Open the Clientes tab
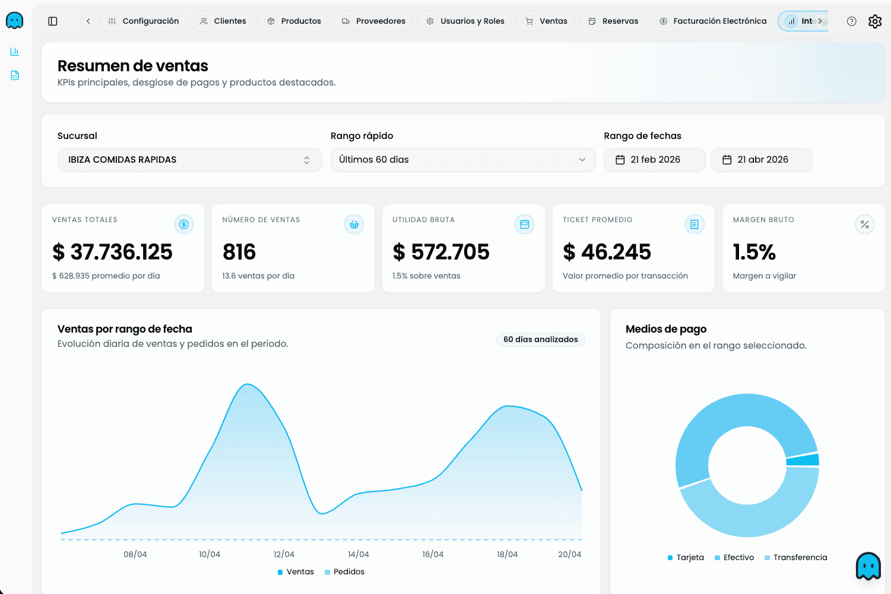222,21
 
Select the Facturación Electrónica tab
712,21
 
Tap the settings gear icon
874,21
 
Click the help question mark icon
851,21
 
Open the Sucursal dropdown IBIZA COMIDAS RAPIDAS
189,160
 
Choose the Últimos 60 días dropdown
462,160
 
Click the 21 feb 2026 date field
654,160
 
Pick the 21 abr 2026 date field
761,160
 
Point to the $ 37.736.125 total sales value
112,252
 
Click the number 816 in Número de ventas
239,252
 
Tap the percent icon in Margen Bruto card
864,225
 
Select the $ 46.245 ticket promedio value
607,252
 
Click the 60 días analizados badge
540,339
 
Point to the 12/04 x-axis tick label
284,554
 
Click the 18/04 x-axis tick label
507,554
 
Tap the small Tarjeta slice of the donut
803,460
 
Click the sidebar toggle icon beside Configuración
53,21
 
